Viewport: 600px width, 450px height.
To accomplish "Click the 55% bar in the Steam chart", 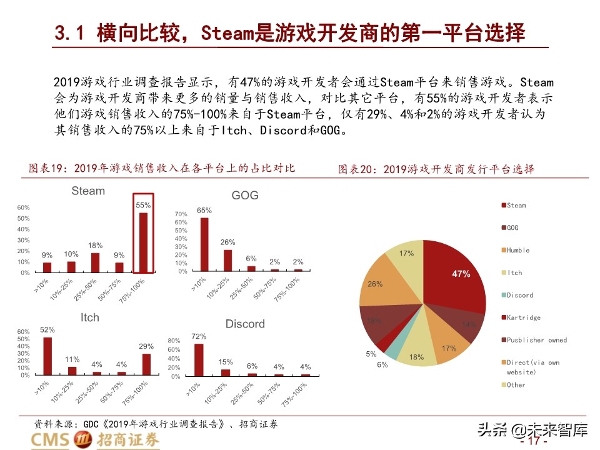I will click(143, 243).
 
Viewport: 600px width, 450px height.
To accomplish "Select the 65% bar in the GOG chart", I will click(204, 244).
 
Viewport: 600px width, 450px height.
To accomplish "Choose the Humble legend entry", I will click(517, 250).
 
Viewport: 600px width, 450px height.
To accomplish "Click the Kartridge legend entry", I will click(523, 317).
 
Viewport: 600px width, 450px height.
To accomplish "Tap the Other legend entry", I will click(516, 385).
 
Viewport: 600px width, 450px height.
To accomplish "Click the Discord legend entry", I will click(520, 295).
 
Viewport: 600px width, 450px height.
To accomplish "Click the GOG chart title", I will click(244, 196).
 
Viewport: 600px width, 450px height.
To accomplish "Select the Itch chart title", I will click(89, 317).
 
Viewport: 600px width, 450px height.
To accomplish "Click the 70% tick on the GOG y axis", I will click(181, 214).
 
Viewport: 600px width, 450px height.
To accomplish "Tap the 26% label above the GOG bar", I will click(228, 242).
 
